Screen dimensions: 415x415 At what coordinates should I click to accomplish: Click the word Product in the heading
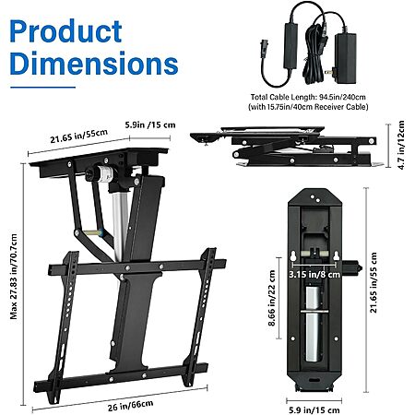65,31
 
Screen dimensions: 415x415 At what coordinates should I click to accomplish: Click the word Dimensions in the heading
94,63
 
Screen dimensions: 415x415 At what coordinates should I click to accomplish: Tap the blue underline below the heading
42,88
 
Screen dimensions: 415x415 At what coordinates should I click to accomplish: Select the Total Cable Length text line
308,97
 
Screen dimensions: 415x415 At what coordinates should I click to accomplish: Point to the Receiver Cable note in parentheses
308,107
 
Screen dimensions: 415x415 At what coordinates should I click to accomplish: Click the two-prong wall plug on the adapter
329,73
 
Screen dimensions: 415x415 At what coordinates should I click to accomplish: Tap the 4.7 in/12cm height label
401,145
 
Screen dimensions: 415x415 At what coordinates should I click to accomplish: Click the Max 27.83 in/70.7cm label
14,277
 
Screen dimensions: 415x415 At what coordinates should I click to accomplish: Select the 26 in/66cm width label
130,406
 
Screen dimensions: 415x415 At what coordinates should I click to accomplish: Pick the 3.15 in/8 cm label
314,274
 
